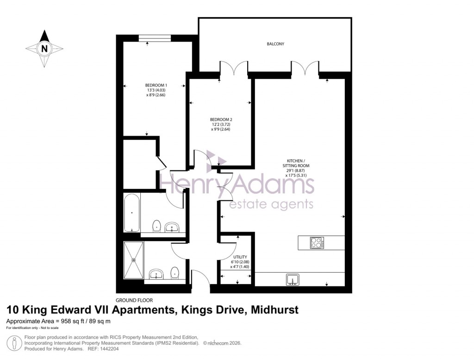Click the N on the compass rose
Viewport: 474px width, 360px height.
pyautogui.click(x=44, y=48)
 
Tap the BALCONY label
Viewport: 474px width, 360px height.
pyautogui.click(x=275, y=44)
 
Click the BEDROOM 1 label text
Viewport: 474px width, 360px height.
pyautogui.click(x=156, y=85)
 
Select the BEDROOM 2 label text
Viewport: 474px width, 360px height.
pyautogui.click(x=221, y=120)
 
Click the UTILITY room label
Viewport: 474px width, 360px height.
pyautogui.click(x=241, y=257)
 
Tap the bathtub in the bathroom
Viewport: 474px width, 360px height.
pyautogui.click(x=132, y=213)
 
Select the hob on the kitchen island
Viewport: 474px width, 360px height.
pyautogui.click(x=317, y=242)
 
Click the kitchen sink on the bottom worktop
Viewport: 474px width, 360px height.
pyautogui.click(x=293, y=279)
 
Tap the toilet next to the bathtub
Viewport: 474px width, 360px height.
pyautogui.click(x=157, y=226)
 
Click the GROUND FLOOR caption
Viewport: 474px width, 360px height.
pyautogui.click(x=134, y=300)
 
